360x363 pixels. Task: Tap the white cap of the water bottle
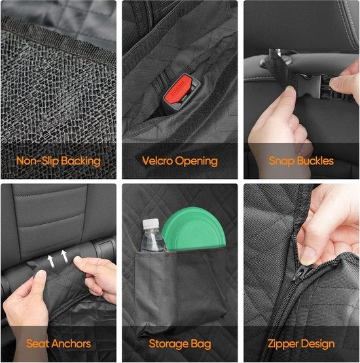coord(151,223)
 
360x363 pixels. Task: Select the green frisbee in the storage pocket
coord(194,229)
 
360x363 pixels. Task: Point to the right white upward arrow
coord(64,256)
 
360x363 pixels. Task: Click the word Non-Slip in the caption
coord(37,161)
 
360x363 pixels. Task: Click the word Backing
coord(81,162)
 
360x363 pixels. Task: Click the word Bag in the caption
coord(200,344)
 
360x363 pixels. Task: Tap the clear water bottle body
coord(153,240)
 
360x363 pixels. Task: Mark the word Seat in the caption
coord(38,343)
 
